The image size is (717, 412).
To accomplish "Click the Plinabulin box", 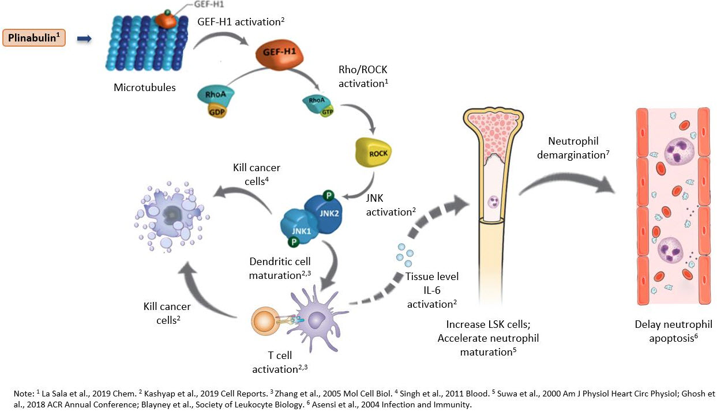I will click(35, 39).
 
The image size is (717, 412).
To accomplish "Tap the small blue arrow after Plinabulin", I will click(84, 39).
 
